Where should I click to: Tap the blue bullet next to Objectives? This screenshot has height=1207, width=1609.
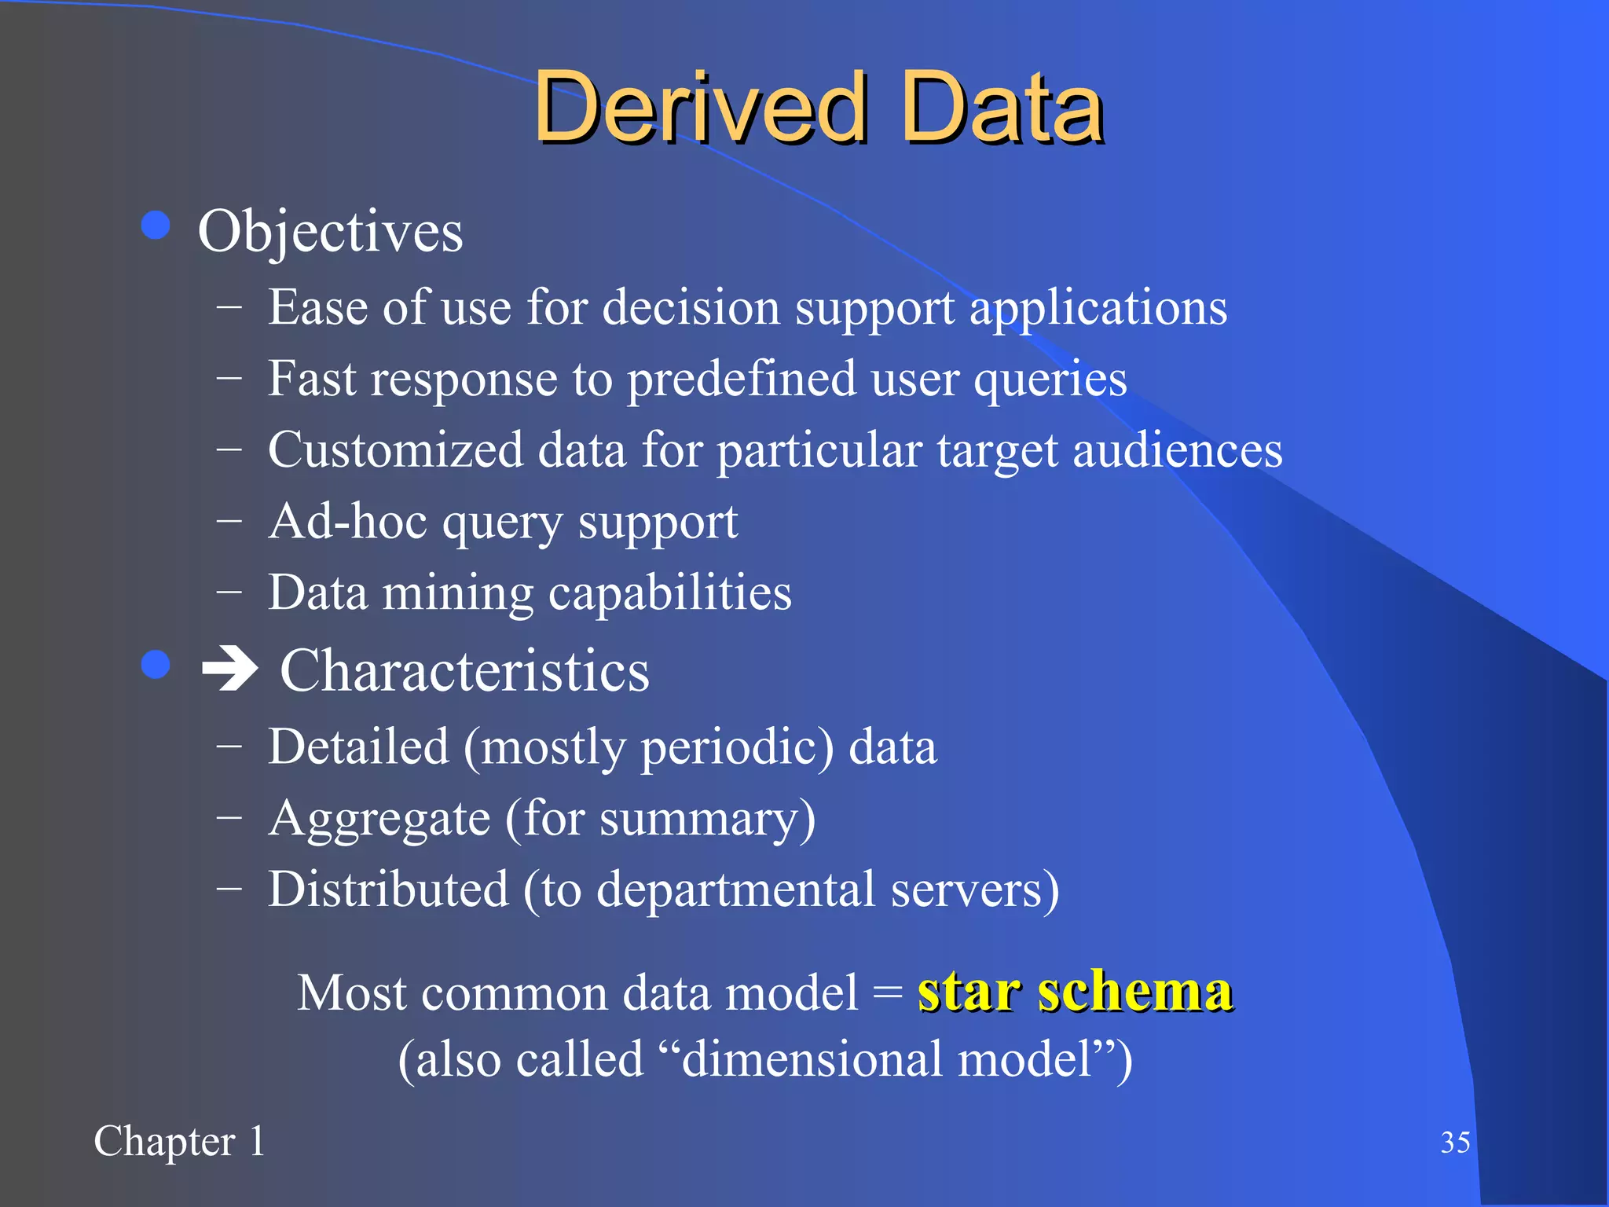(156, 226)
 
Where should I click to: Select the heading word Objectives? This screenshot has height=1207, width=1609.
(330, 232)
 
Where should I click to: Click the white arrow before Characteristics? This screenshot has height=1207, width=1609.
(229, 670)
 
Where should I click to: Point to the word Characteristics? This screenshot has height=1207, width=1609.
(464, 671)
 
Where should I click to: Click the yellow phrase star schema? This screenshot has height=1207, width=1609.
(1075, 992)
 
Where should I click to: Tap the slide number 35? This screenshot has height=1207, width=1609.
(1455, 1142)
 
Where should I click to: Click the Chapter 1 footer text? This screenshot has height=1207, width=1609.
(179, 1141)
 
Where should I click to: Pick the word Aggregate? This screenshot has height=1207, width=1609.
(379, 819)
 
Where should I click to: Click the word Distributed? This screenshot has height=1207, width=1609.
(388, 890)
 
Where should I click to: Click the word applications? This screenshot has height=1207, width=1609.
(1098, 308)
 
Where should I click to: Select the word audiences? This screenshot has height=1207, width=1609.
(1177, 451)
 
